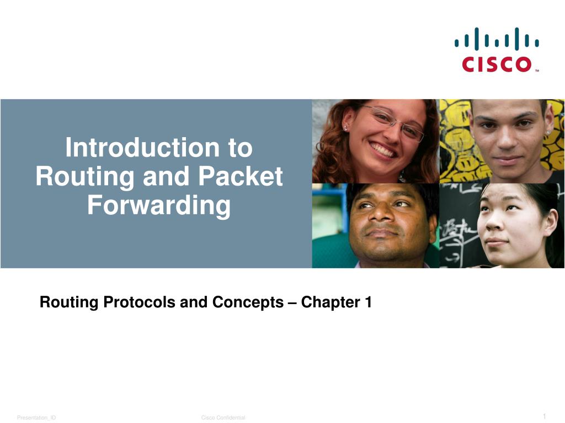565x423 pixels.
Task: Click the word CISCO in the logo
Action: [496, 64]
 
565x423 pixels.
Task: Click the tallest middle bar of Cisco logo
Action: [496, 39]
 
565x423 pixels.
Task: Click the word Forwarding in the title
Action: [159, 205]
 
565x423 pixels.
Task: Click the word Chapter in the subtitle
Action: [330, 302]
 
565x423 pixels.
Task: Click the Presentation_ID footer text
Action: [36, 418]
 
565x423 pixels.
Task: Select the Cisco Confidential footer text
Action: [223, 418]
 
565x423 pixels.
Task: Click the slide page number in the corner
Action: [544, 416]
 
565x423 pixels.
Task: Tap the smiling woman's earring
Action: [345, 129]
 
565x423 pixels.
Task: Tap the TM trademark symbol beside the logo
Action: [536, 70]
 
